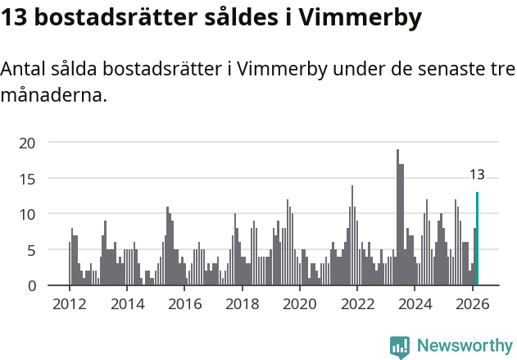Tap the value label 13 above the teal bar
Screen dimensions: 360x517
click(x=477, y=175)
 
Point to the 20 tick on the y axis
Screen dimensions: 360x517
click(x=28, y=143)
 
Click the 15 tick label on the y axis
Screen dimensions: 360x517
click(x=28, y=179)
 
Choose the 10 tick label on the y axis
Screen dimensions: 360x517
click(x=28, y=214)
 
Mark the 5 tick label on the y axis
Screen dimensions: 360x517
click(x=31, y=250)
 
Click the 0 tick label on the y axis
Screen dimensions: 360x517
click(x=31, y=285)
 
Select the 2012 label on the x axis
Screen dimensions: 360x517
click(x=69, y=304)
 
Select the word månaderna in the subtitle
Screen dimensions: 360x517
click(x=54, y=95)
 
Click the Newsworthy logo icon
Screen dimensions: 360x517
click(x=400, y=346)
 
